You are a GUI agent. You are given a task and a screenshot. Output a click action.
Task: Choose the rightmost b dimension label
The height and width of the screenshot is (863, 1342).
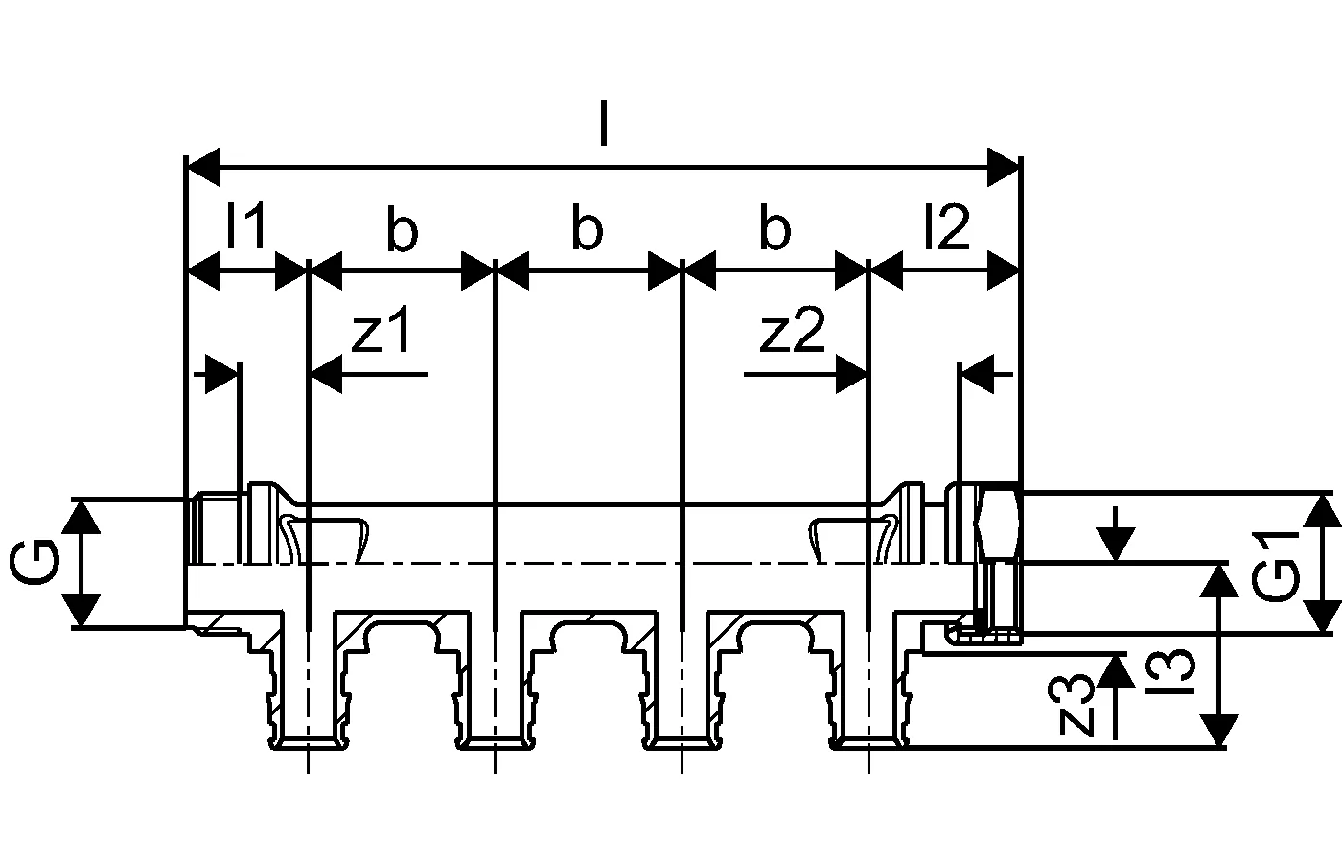(x=774, y=230)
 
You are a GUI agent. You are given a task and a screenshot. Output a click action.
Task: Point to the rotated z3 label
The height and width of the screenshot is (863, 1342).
(x=1077, y=705)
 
